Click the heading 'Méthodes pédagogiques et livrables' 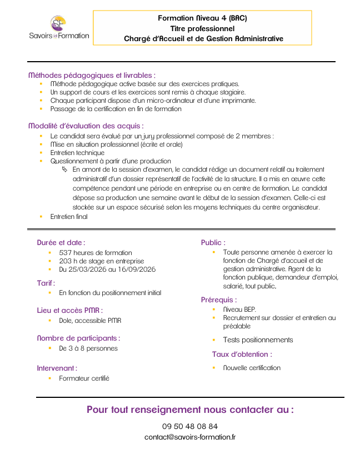click(92, 75)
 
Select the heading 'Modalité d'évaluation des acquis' click(86, 126)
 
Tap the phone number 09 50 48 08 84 click(190, 426)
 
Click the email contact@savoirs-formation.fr click(190, 437)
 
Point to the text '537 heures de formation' click(96, 252)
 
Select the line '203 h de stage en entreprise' click(101, 261)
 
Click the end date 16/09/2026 click(137, 269)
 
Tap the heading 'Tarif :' click(46, 283)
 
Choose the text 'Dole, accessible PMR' click(90, 320)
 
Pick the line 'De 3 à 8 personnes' click(88, 348)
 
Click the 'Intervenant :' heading click(57, 368)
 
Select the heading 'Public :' click(213, 242)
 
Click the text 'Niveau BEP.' click(239, 309)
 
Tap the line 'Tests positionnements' click(258, 340)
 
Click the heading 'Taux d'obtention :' click(242, 354)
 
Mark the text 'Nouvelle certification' click(252, 367)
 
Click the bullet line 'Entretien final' click(69, 217)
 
